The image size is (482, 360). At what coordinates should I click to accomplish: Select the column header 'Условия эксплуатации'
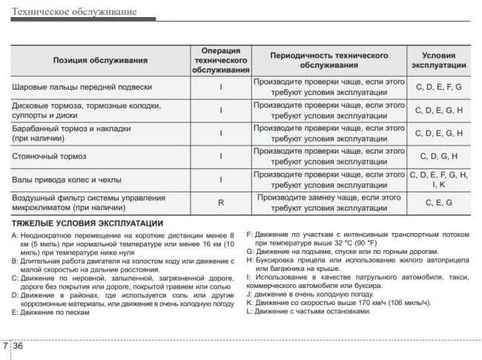pos(443,60)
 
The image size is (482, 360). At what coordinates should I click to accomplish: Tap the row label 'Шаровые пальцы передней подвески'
pos(82,87)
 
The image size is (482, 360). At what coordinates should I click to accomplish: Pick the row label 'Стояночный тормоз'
pos(50,157)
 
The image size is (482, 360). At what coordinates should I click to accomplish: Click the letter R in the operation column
pos(221,203)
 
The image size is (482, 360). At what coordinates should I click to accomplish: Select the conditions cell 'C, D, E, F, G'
pos(439,87)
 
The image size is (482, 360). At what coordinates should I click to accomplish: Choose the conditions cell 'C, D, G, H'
pos(439,157)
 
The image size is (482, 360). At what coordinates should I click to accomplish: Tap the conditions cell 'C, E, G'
pos(439,203)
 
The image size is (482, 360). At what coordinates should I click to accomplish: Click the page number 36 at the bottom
pos(19,347)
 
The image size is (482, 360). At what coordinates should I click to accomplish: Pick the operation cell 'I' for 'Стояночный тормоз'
pos(221,157)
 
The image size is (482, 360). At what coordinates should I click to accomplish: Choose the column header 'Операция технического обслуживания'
pos(221,60)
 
